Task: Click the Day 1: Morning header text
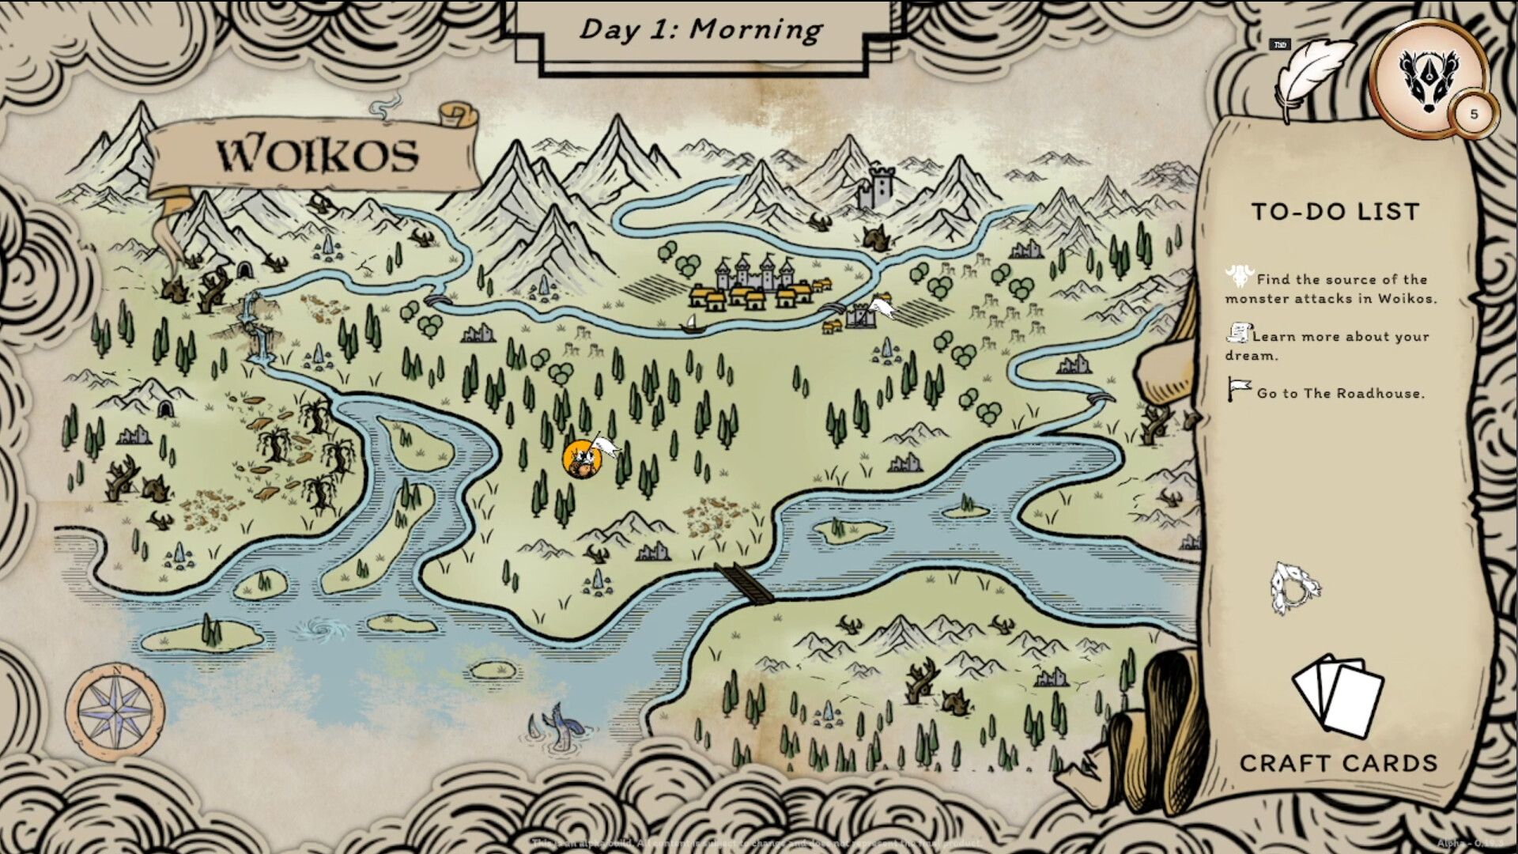700,30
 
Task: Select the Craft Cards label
1338,763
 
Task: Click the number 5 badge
1474,114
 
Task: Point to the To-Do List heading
1335,212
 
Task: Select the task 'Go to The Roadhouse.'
1340,393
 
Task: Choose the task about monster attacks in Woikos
1332,289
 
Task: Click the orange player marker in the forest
580,459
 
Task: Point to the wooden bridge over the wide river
746,584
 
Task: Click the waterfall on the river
258,332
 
